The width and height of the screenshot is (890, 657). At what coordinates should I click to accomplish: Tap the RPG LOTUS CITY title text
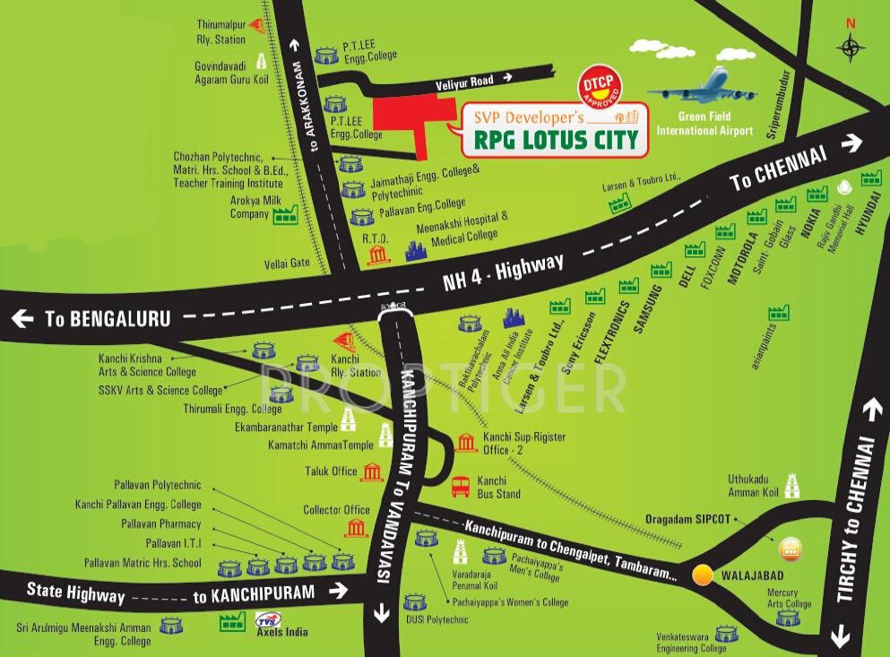tap(557, 139)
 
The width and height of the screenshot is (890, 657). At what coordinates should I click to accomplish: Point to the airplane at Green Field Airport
tap(703, 86)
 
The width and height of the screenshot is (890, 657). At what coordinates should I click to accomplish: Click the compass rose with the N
tap(850, 47)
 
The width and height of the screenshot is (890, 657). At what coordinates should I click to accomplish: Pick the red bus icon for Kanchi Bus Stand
tap(462, 487)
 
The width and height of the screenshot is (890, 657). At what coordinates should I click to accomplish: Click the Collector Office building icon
tap(357, 526)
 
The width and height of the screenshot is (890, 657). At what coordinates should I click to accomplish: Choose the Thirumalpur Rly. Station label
tap(220, 33)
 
